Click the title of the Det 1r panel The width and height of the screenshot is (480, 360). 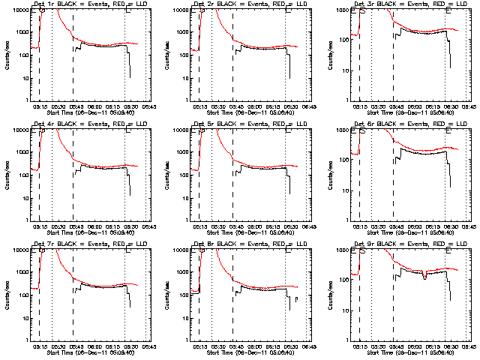[86, 4]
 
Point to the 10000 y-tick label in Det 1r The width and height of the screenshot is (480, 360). [20, 10]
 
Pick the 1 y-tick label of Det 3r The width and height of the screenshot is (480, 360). [346, 100]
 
